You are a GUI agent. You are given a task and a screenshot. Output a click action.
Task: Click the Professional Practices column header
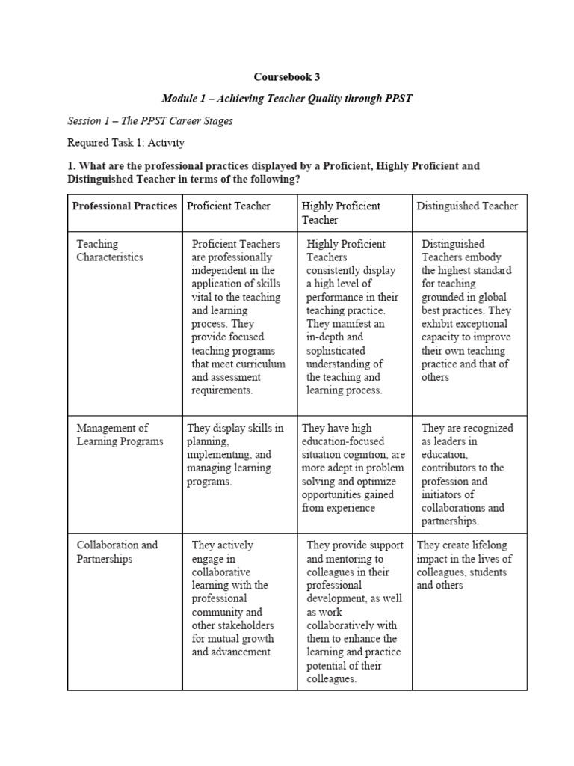[x=125, y=206]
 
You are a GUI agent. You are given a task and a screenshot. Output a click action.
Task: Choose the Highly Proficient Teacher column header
[x=341, y=212]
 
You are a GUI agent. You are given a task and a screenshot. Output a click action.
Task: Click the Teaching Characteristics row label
[x=110, y=251]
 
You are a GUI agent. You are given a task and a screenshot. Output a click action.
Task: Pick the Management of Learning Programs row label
[x=120, y=435]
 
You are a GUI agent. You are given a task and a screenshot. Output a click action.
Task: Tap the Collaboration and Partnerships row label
[x=117, y=551]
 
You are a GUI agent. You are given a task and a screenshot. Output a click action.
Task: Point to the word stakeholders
[x=232, y=625]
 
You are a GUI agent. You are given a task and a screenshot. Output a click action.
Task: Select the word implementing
[x=217, y=455]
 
